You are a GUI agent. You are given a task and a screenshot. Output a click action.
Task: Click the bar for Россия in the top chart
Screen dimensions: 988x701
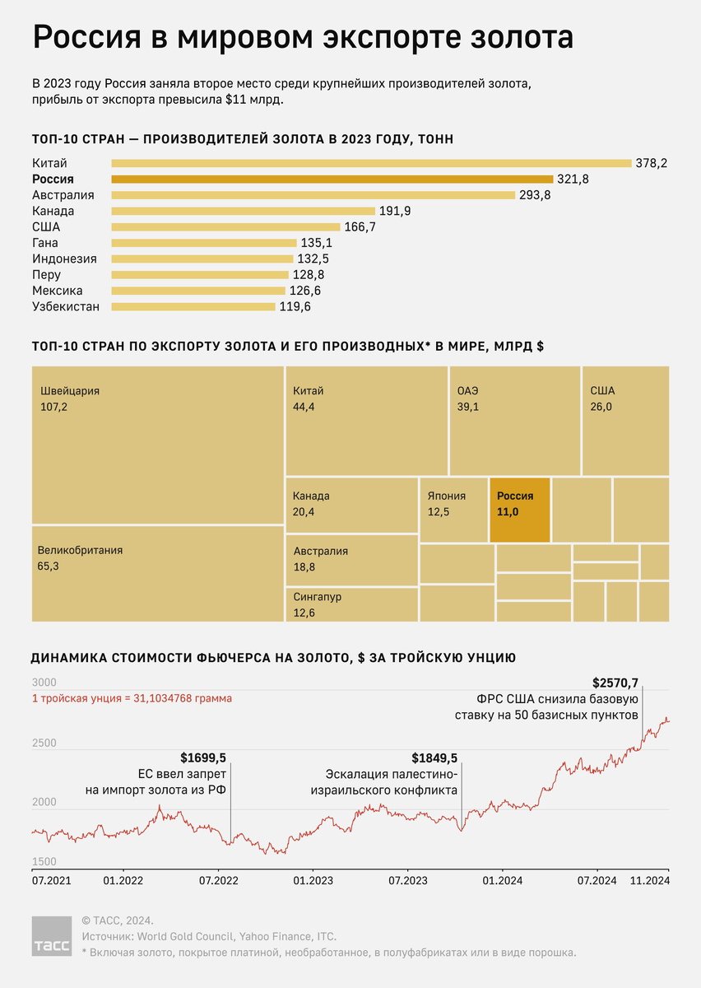click(x=332, y=179)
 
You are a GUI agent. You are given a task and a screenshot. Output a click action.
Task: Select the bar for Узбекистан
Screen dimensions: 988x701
click(x=193, y=307)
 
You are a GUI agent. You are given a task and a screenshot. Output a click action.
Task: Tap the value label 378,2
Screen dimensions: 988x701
click(x=651, y=163)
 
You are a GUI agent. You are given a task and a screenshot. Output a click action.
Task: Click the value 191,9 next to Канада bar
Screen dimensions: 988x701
click(x=395, y=211)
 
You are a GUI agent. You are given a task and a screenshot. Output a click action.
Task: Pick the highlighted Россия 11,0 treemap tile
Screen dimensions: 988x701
click(x=519, y=510)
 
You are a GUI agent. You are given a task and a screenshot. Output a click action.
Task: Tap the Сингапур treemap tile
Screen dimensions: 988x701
click(x=351, y=604)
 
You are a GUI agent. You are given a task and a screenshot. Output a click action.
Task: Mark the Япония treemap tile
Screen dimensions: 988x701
click(x=453, y=510)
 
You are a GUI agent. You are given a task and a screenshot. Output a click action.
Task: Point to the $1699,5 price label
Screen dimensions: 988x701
click(x=203, y=757)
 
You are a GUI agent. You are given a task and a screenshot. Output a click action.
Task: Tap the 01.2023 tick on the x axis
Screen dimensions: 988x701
click(x=313, y=880)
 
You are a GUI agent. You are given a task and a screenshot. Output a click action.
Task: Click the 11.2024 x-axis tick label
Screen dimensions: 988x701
click(x=650, y=880)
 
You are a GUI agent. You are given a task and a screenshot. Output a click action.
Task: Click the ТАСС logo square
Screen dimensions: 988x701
click(x=52, y=936)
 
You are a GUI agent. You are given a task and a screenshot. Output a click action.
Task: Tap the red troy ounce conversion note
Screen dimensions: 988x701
click(x=132, y=698)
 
